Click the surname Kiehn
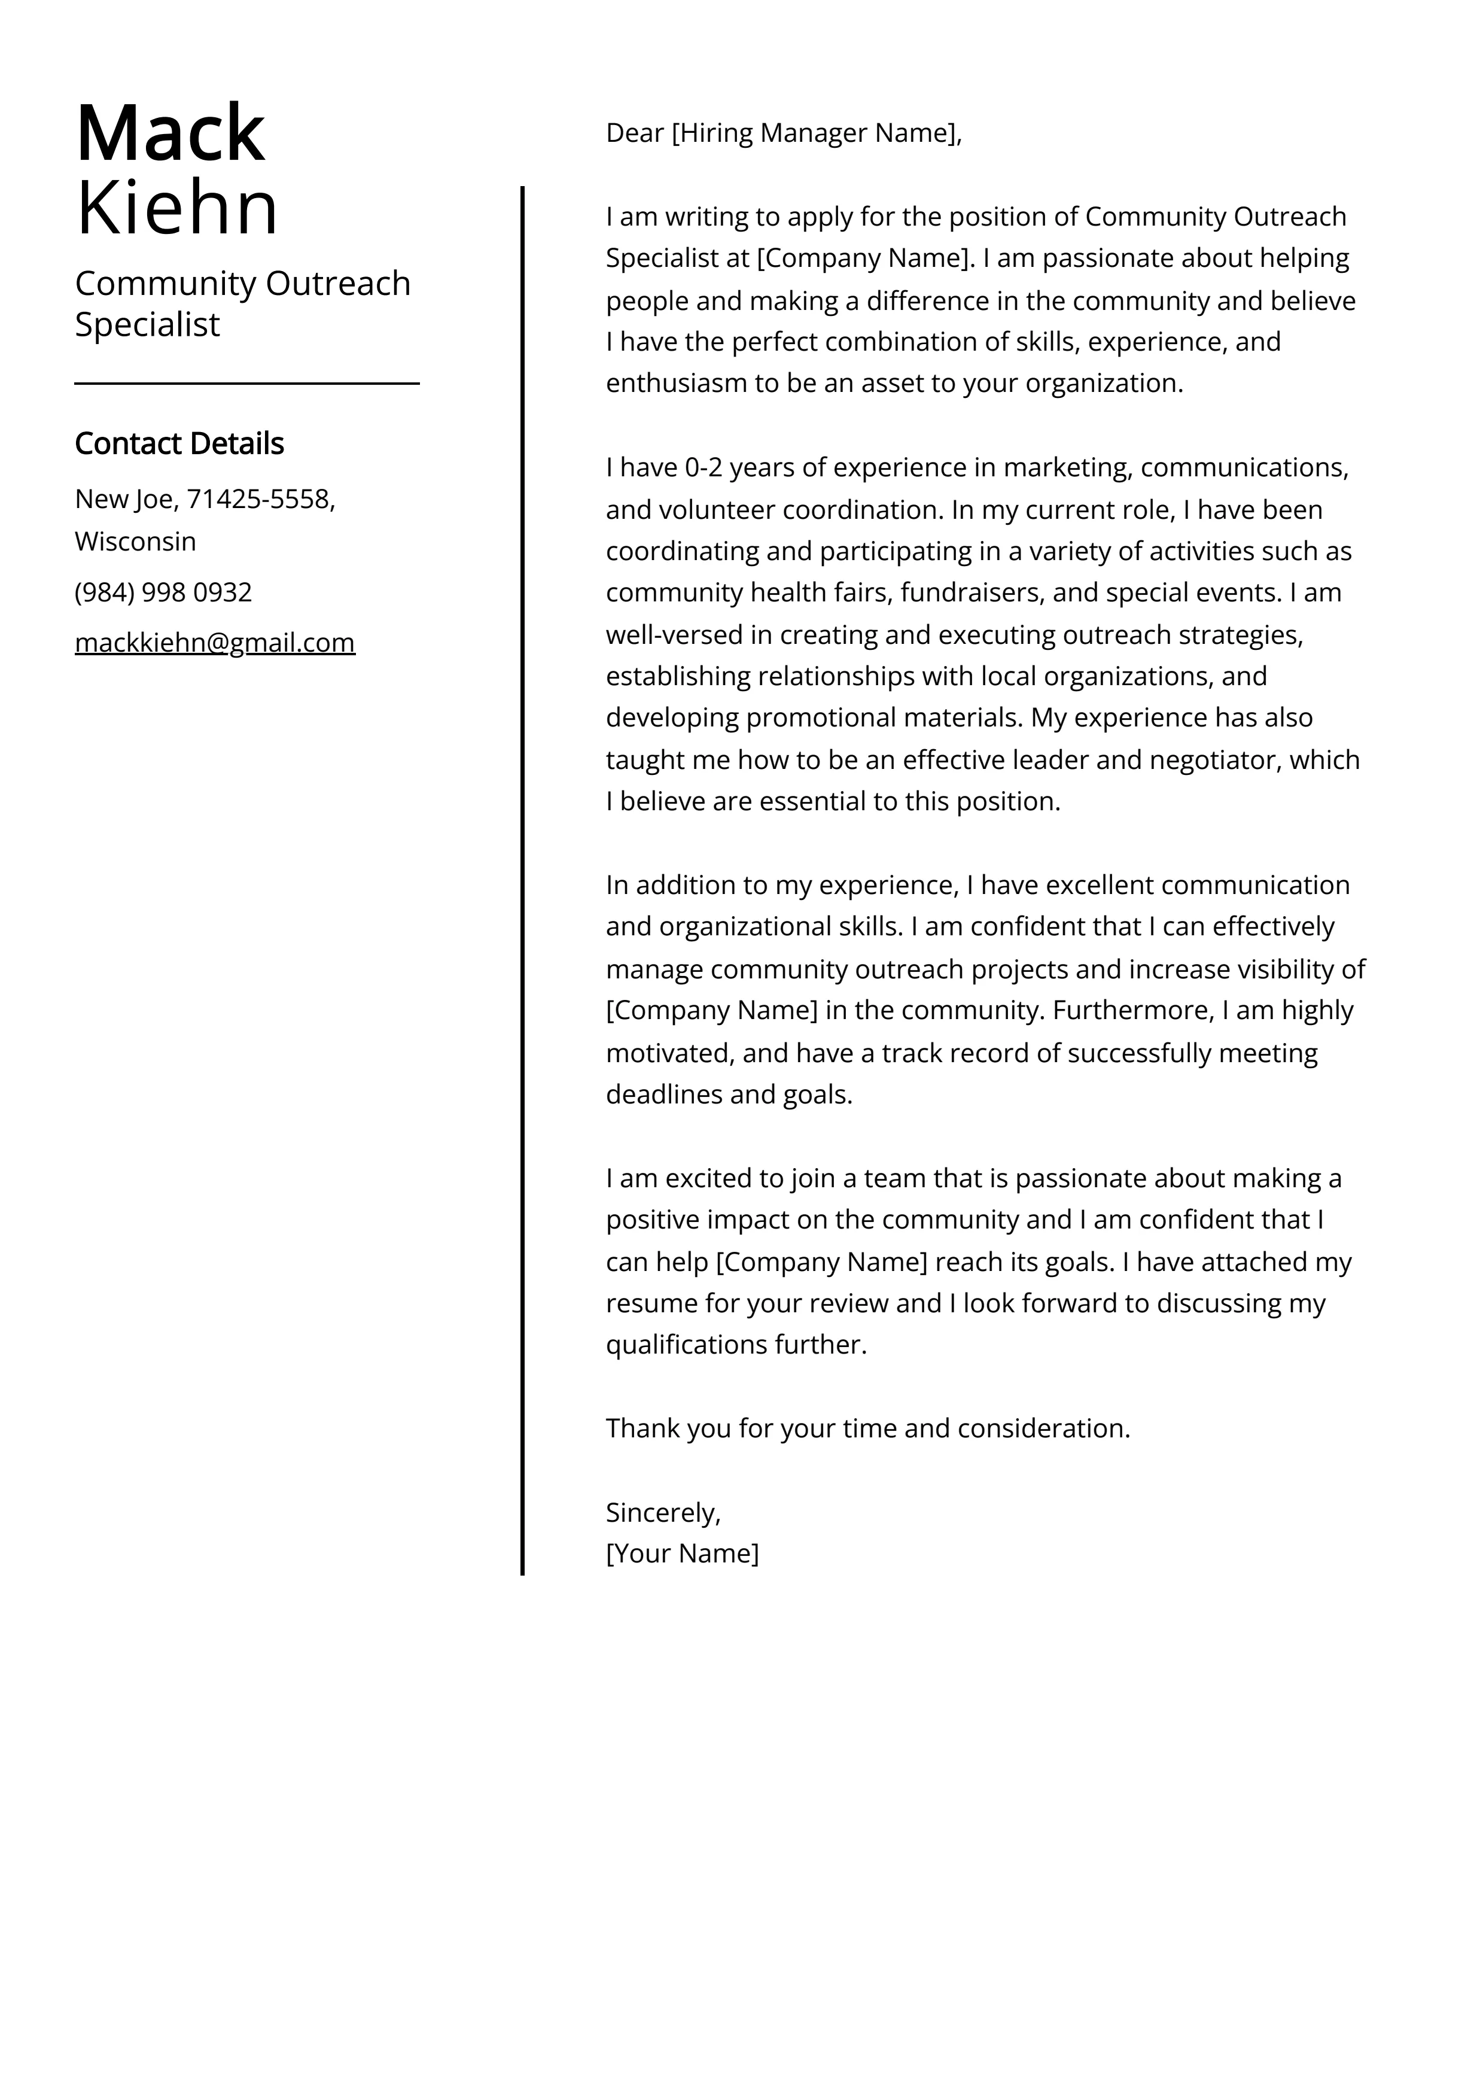(x=176, y=208)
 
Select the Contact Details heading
(x=179, y=443)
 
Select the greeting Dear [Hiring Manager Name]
(x=783, y=133)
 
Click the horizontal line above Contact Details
(x=246, y=384)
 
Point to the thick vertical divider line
(x=523, y=877)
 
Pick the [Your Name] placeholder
(x=681, y=1553)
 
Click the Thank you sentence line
(x=867, y=1428)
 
